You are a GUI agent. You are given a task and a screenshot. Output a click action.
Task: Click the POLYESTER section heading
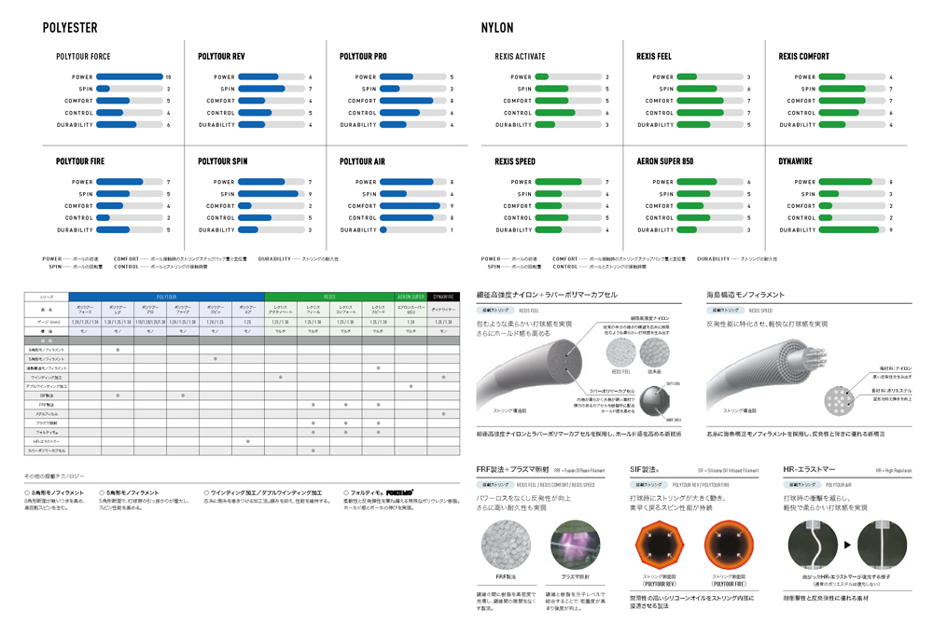(x=70, y=28)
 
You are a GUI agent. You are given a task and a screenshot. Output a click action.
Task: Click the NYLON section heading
(x=497, y=28)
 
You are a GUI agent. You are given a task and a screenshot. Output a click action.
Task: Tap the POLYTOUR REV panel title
(x=221, y=57)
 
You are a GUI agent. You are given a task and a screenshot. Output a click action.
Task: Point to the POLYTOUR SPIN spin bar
(x=271, y=194)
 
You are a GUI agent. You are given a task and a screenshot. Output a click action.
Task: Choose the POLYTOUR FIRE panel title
(x=79, y=161)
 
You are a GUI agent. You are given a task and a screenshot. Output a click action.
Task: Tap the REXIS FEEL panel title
(x=653, y=57)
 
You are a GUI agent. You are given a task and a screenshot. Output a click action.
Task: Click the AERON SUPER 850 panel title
(x=664, y=161)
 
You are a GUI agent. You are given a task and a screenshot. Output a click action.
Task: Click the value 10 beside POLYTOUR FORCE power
(x=168, y=76)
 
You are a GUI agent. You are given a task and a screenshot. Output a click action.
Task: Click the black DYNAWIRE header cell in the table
(x=442, y=297)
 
